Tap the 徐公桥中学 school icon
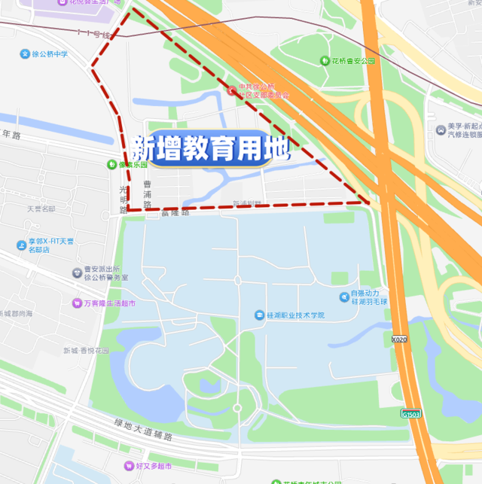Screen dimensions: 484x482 pyautogui.click(x=25, y=54)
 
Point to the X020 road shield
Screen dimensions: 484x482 pyautogui.click(x=399, y=339)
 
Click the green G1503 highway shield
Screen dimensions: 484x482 pyautogui.click(x=410, y=413)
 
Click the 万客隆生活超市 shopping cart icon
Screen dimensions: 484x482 pyautogui.click(x=77, y=303)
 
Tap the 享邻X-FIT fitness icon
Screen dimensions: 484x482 pyautogui.click(x=22, y=245)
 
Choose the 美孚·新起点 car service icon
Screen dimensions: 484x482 pyautogui.click(x=440, y=130)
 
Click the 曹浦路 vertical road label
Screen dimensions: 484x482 pyautogui.click(x=148, y=194)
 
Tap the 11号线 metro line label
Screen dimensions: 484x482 pyautogui.click(x=93, y=34)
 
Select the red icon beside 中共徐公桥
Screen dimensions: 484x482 pyautogui.click(x=231, y=91)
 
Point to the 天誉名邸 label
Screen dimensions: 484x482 pyautogui.click(x=41, y=209)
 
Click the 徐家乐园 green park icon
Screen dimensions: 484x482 pyautogui.click(x=111, y=163)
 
